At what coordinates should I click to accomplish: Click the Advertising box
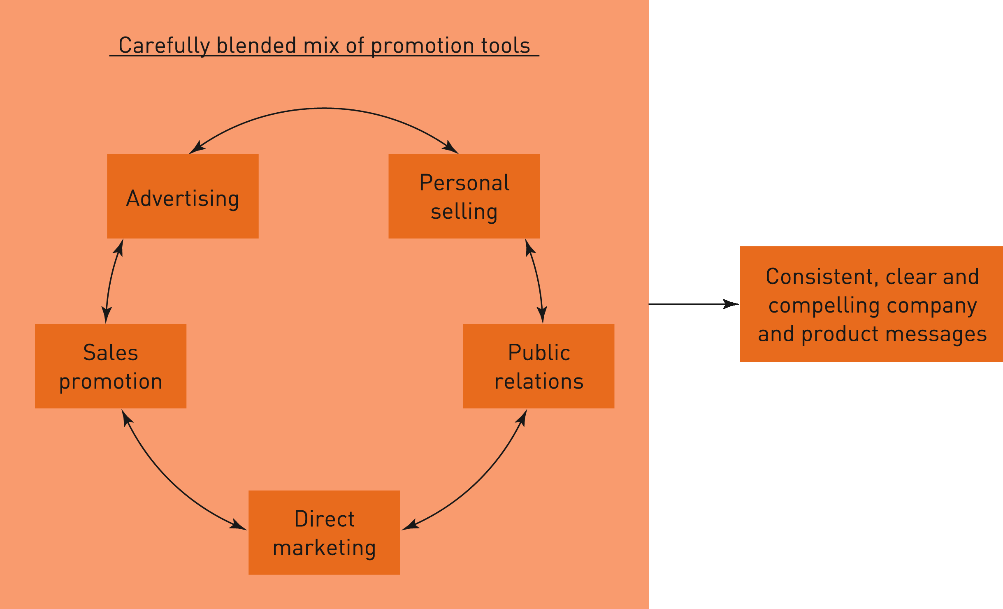[183, 196]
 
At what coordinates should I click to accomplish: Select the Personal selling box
[464, 196]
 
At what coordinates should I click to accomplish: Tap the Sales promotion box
[110, 366]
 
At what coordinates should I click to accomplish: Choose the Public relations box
[538, 366]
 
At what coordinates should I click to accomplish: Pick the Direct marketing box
[324, 532]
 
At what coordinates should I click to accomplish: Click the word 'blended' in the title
[256, 45]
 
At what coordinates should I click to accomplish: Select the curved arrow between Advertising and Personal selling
[324, 109]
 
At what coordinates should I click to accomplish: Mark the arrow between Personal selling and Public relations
[536, 280]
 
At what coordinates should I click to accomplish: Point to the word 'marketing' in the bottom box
[324, 548]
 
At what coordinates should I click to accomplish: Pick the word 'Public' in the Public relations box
[539, 352]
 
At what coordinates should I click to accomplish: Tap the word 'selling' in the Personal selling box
[464, 211]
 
